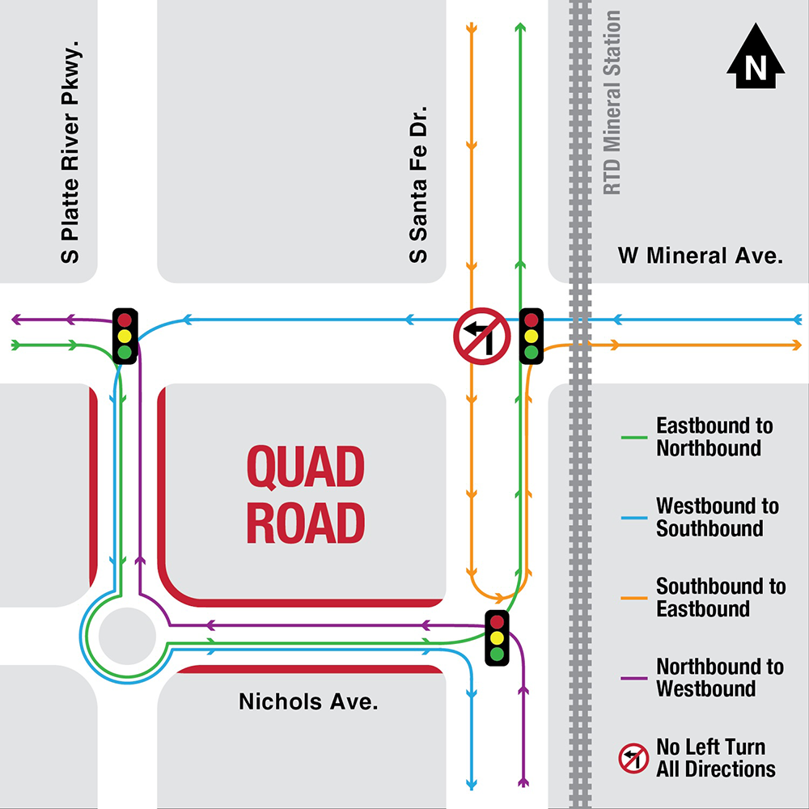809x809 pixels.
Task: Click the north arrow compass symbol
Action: point(756,57)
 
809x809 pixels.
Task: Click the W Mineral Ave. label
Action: point(701,256)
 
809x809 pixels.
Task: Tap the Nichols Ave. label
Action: point(308,702)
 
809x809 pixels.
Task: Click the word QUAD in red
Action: point(306,467)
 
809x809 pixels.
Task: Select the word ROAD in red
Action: point(306,523)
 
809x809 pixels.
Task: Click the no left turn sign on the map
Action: point(481,336)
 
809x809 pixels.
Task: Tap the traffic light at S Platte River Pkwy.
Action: point(125,335)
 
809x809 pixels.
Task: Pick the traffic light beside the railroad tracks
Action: point(531,335)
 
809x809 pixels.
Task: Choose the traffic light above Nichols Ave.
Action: point(497,637)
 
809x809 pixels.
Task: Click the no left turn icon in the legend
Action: point(633,758)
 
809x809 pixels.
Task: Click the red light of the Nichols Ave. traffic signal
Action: point(497,622)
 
